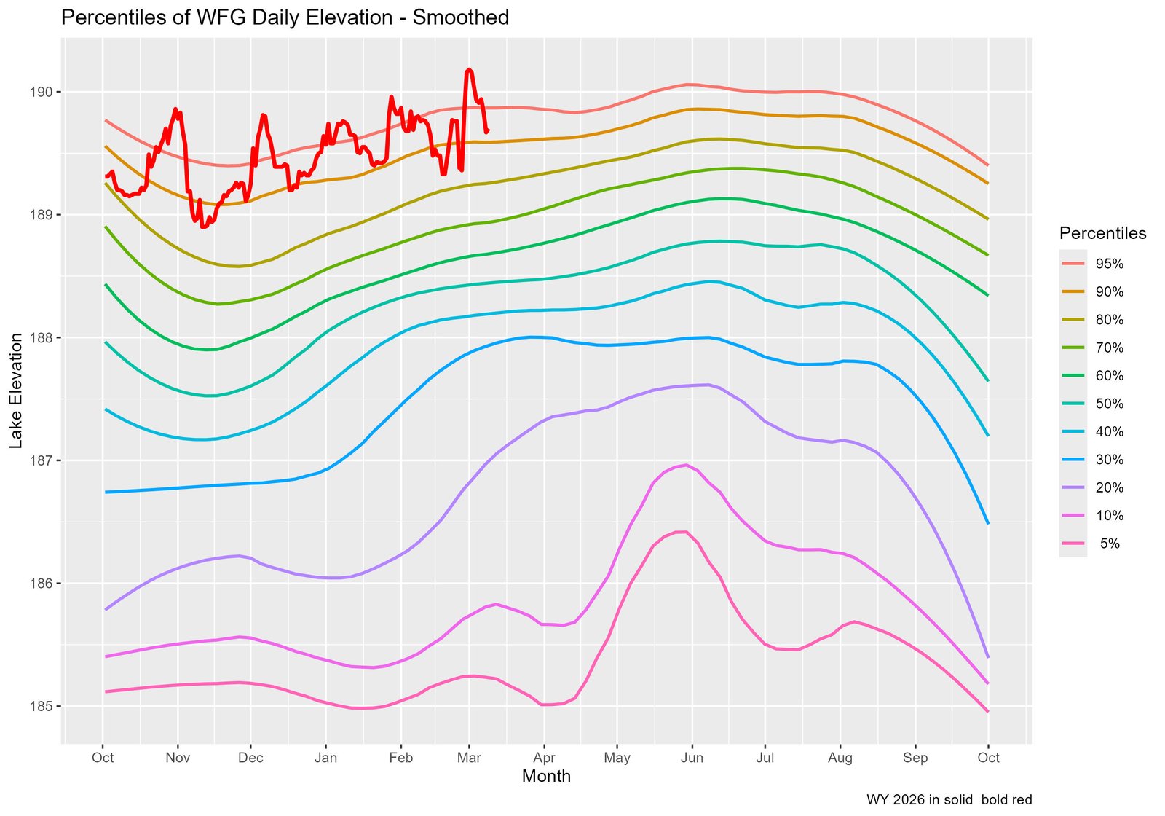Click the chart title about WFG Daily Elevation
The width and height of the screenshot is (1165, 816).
[285, 17]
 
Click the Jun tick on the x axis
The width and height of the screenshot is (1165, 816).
[692, 758]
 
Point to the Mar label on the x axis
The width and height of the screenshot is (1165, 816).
[469, 758]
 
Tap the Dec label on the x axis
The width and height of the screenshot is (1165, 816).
[250, 758]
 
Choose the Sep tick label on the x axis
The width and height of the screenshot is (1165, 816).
[915, 758]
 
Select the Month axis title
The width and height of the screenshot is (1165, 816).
[546, 777]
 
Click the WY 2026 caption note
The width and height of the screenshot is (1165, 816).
[949, 800]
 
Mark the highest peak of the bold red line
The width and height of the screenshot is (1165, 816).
[470, 69]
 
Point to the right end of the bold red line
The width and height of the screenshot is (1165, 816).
[487, 130]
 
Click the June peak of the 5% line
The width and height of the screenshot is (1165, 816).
[682, 532]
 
